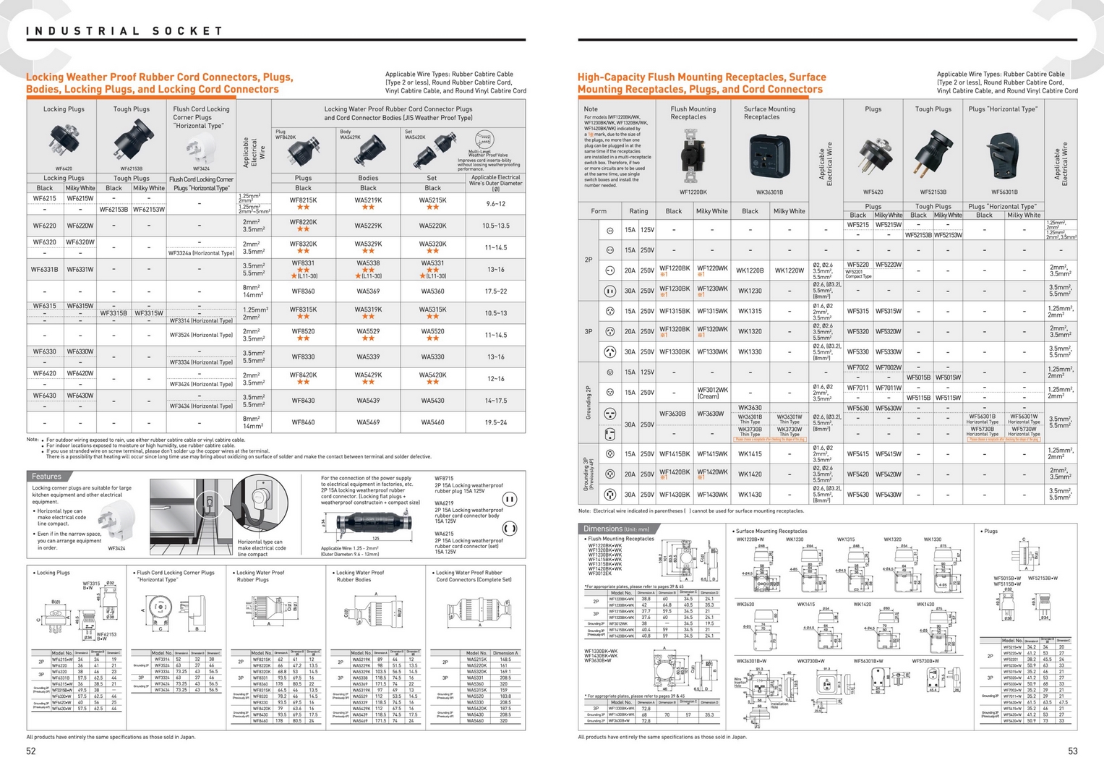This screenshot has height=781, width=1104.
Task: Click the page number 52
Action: (x=31, y=751)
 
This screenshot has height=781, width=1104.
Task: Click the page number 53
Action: (x=1072, y=751)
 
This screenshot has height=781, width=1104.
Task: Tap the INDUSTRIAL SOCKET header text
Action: (x=124, y=31)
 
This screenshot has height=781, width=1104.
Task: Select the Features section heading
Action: (x=46, y=477)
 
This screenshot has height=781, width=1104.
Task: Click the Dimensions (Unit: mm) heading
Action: (x=616, y=529)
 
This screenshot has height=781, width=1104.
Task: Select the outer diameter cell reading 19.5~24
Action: (x=495, y=422)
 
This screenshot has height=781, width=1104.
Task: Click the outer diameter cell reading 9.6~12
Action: (x=495, y=204)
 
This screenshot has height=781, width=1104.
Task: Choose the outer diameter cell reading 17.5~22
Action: (x=495, y=291)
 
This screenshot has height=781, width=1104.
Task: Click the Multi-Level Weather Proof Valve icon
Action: (x=484, y=140)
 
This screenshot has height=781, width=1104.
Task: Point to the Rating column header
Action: (x=638, y=211)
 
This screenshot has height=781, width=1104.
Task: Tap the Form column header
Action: (x=599, y=211)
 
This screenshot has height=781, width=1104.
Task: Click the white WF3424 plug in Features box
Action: (x=118, y=519)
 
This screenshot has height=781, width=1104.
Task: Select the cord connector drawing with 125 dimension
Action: (x=375, y=522)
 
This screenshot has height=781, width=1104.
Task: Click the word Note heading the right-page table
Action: (x=591, y=109)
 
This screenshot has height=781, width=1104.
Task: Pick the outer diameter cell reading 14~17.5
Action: (x=495, y=401)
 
